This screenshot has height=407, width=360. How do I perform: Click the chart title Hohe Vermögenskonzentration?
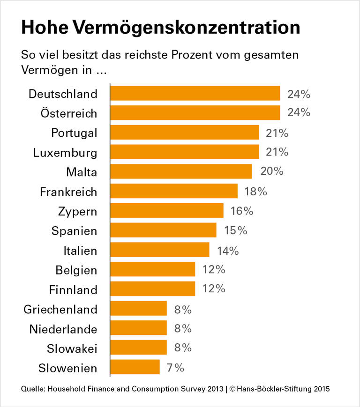click(160, 28)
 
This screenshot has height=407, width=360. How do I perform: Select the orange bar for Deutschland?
click(195, 94)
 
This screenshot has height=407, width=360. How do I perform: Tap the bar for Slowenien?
click(135, 367)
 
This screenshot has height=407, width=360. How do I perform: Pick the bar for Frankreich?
click(174, 192)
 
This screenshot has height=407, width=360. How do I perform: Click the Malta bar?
click(181, 172)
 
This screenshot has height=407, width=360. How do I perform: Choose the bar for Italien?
click(160, 250)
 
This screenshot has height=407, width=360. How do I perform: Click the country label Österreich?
click(69, 113)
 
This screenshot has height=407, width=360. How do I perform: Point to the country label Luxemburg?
click(65, 153)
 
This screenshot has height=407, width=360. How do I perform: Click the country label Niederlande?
click(63, 329)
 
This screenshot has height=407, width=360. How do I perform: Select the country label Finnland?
click(73, 289)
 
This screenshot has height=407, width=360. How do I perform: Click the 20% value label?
click(272, 171)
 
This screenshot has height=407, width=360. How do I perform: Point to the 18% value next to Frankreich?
click(255, 191)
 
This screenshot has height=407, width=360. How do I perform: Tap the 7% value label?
click(175, 367)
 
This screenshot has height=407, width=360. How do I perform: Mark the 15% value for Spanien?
click(235, 230)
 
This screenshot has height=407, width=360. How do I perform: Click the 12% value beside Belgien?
click(214, 270)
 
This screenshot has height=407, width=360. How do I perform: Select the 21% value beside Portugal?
click(277, 133)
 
